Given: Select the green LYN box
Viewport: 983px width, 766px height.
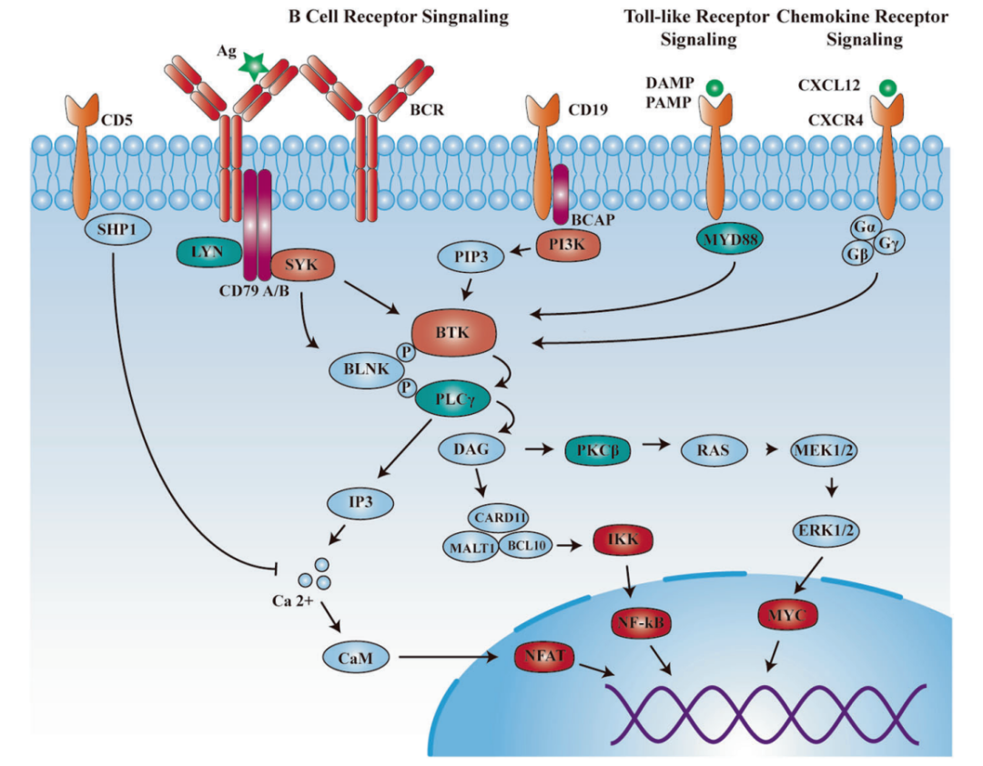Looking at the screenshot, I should click(x=208, y=253).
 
